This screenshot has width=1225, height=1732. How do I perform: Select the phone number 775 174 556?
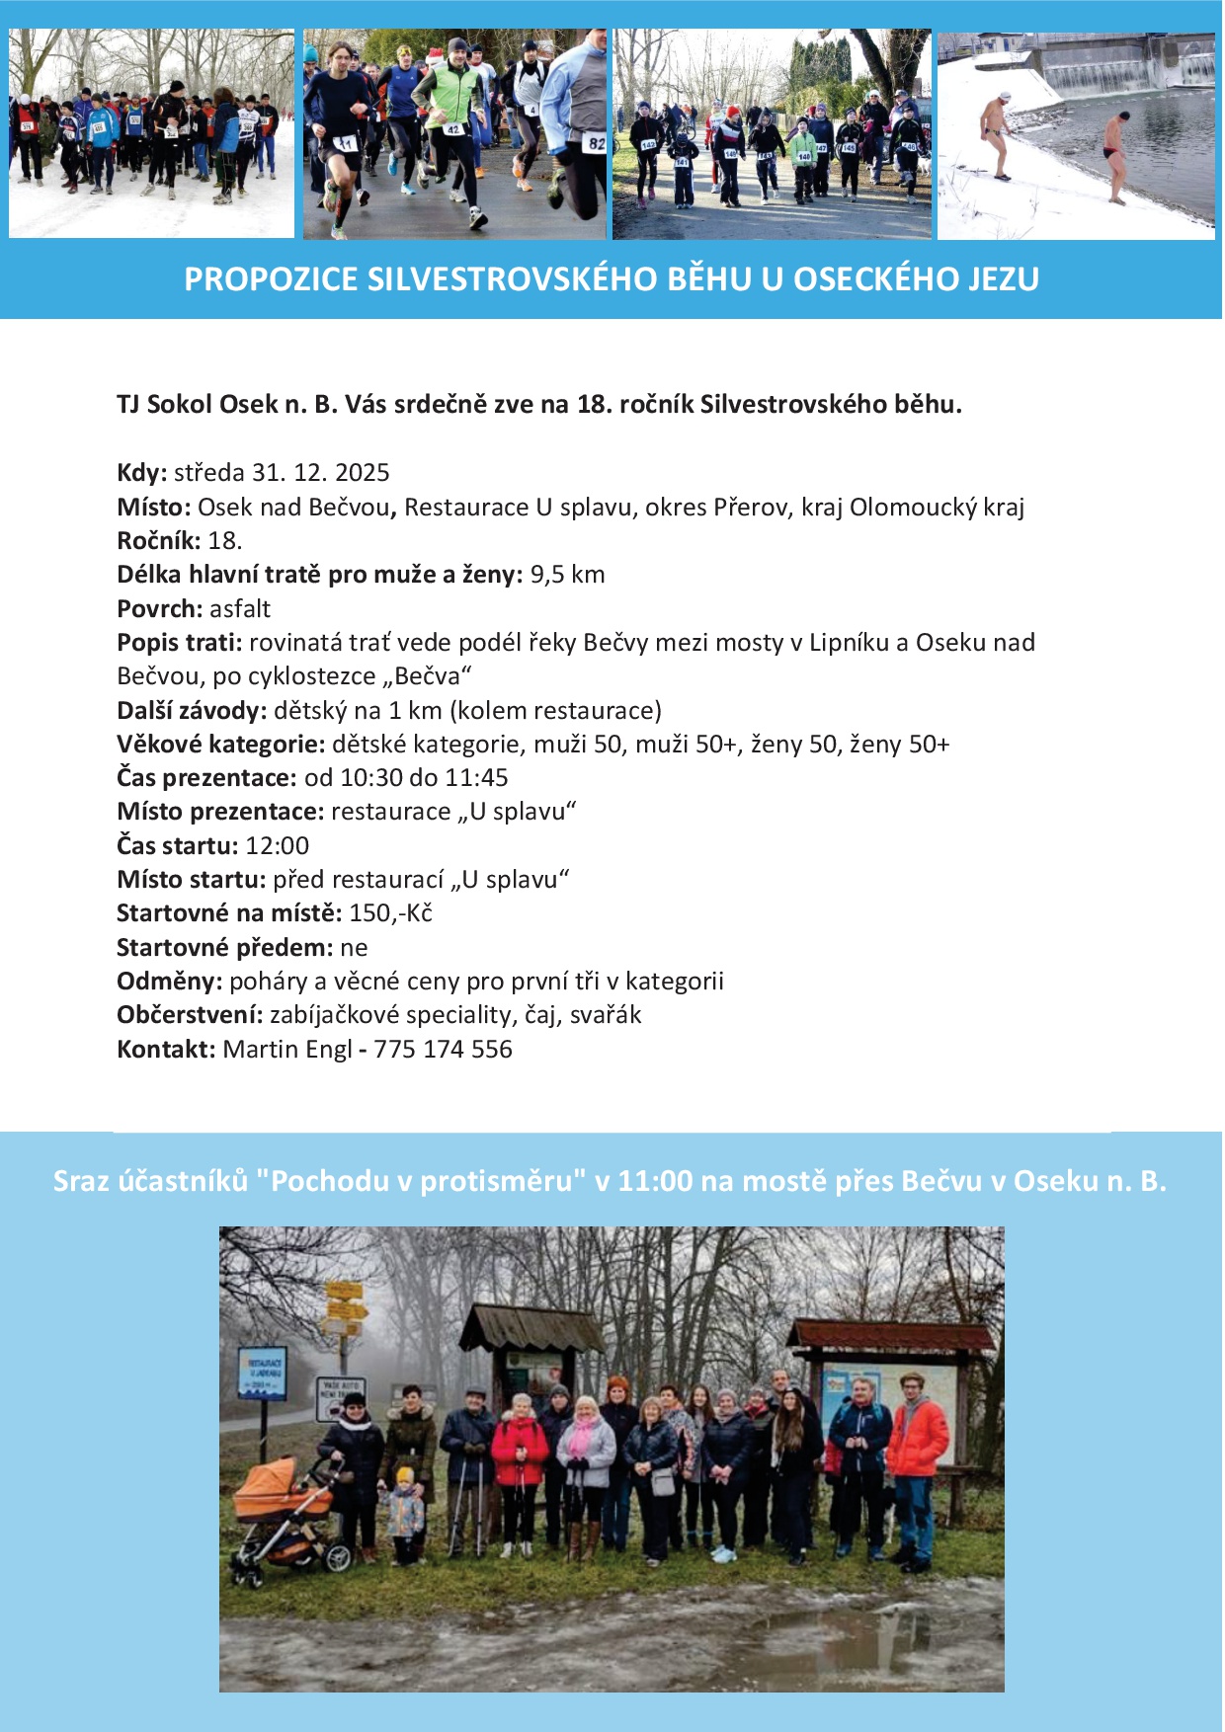click(x=443, y=1050)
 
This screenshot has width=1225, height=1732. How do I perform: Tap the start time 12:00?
click(x=278, y=846)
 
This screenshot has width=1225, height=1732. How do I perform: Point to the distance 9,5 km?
click(x=567, y=575)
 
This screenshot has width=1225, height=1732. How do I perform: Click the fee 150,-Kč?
click(x=390, y=913)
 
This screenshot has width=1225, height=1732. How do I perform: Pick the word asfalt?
click(x=240, y=609)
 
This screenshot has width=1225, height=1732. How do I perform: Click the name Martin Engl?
click(x=286, y=1050)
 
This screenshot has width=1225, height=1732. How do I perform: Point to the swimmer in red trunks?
click(x=1114, y=155)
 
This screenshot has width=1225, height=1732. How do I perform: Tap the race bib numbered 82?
click(x=596, y=143)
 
